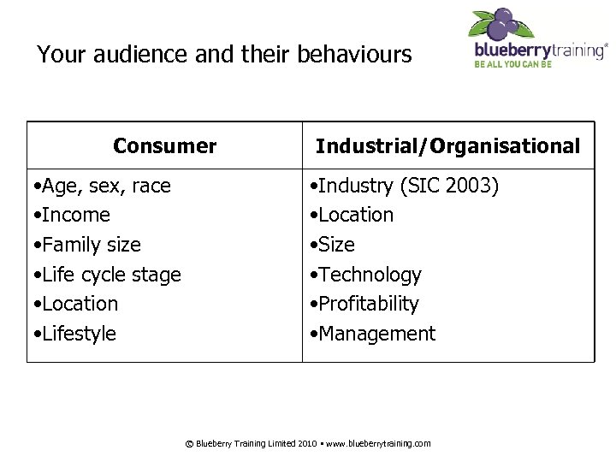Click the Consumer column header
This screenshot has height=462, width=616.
[164, 146]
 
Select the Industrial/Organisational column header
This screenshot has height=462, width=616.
[447, 146]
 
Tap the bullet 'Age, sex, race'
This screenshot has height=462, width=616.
[101, 186]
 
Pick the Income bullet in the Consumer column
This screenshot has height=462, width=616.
[71, 215]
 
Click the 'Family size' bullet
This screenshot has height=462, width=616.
[86, 245]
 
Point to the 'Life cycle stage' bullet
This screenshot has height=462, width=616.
[106, 275]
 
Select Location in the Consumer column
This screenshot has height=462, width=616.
[75, 304]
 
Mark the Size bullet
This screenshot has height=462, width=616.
[335, 245]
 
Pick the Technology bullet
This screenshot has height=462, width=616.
[368, 275]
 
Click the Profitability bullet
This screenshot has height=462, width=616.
[367, 304]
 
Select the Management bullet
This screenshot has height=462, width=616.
[375, 333]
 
